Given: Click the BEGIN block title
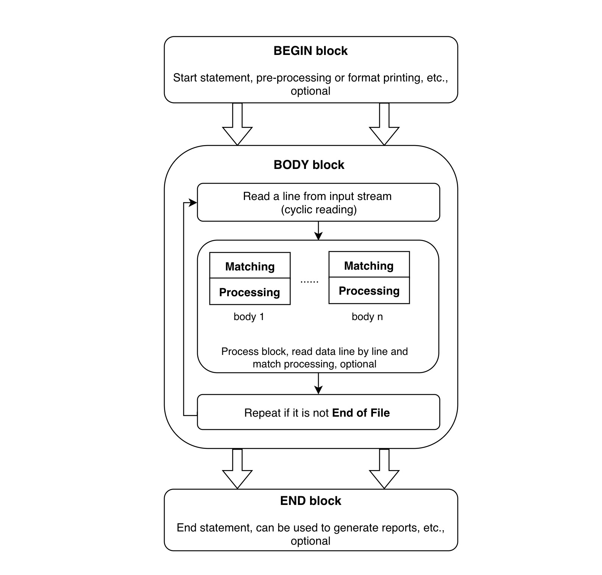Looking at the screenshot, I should pyautogui.click(x=310, y=51).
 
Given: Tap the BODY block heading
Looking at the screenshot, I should pyautogui.click(x=309, y=165).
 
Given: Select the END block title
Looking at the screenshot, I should pyautogui.click(x=310, y=501).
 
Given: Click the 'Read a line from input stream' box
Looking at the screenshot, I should pyautogui.click(x=318, y=203).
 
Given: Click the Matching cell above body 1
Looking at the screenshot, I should pyautogui.click(x=250, y=266).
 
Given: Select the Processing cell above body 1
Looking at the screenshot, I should pyautogui.click(x=250, y=292).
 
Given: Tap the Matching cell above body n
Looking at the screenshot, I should pyautogui.click(x=369, y=265).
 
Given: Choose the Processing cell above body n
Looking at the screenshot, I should pyautogui.click(x=369, y=291).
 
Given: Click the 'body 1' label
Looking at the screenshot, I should pyautogui.click(x=249, y=317).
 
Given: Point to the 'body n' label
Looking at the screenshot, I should pyautogui.click(x=367, y=317).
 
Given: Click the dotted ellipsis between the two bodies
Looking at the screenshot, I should pyautogui.click(x=309, y=281).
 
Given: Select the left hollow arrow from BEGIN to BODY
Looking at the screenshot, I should pyautogui.click(x=237, y=125).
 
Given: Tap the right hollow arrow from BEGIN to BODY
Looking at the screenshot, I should pyautogui.click(x=384, y=125).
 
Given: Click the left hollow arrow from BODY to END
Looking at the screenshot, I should pyautogui.click(x=237, y=470).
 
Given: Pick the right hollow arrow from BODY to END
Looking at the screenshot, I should pyautogui.click(x=384, y=470).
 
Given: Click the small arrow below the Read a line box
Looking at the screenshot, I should pyautogui.click(x=318, y=231).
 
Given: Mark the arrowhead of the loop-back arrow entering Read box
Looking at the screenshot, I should pyautogui.click(x=193, y=203).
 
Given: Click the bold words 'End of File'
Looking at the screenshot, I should pyautogui.click(x=361, y=412).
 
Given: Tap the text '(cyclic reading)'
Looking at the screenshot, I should pyautogui.click(x=319, y=209).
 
